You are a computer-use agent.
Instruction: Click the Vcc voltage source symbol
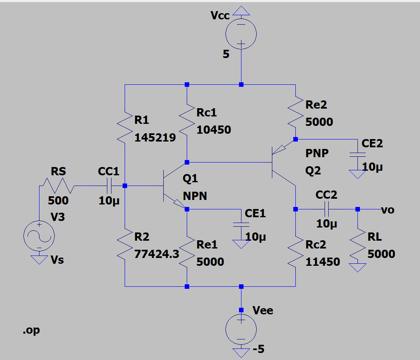[x=241, y=35]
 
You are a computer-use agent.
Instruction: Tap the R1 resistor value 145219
[x=155, y=137]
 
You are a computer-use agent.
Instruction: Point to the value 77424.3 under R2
[x=157, y=254]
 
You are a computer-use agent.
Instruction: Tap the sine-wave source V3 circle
[x=39, y=236]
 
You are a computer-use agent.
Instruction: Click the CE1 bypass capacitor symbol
[x=241, y=225]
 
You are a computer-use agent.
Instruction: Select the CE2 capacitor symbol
[x=357, y=155]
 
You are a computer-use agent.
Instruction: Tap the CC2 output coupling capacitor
[x=327, y=209]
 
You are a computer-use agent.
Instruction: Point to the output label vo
[x=388, y=210]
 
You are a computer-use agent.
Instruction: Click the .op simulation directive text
[x=31, y=330]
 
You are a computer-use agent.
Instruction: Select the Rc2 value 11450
[x=323, y=262]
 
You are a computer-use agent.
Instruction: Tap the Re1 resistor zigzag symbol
[x=187, y=251]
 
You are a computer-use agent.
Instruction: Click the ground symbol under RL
[x=358, y=268]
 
